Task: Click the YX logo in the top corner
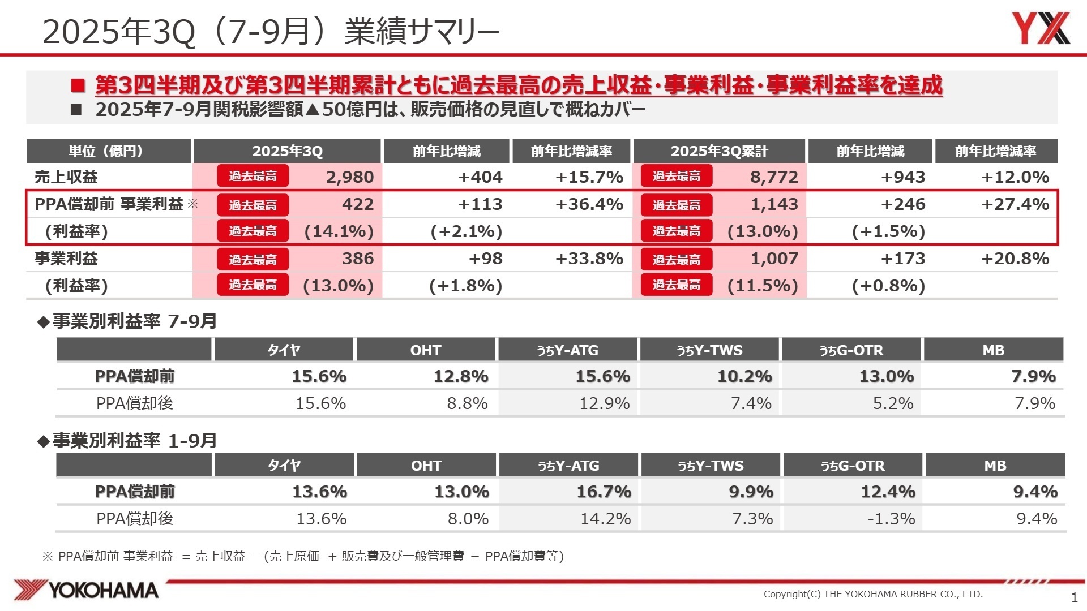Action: click(x=1041, y=28)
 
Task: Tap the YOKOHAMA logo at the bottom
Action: click(x=86, y=590)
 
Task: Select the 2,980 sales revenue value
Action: click(x=350, y=177)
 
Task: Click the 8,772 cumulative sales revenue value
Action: click(x=774, y=177)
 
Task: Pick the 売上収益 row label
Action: click(x=66, y=177)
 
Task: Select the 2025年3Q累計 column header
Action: click(x=719, y=151)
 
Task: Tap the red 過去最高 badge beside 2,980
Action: click(x=253, y=177)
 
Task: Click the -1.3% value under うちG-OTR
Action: click(x=891, y=519)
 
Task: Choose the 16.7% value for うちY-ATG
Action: click(x=604, y=492)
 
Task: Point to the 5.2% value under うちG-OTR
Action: click(x=893, y=403)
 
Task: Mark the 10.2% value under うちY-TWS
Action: click(x=744, y=376)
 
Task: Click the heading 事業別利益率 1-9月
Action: click(x=134, y=440)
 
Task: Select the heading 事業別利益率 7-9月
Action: click(x=134, y=321)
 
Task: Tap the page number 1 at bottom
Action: click(x=1075, y=597)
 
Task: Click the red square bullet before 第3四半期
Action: click(x=78, y=86)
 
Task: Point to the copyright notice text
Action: click(x=873, y=594)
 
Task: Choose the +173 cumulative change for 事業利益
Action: click(x=903, y=259)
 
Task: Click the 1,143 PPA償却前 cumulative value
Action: click(x=774, y=204)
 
